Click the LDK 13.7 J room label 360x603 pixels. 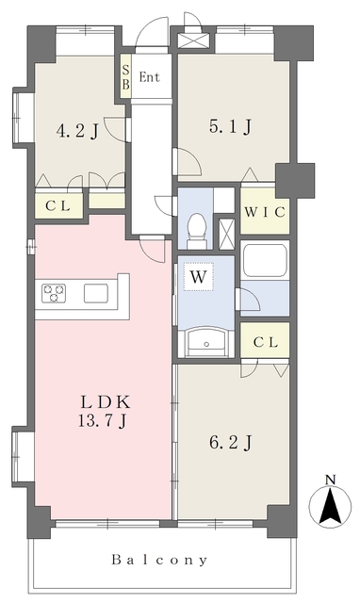[x=104, y=412]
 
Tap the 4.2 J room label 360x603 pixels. [x=77, y=132]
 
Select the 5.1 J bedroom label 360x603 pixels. [x=230, y=126]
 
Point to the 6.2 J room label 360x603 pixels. [x=230, y=443]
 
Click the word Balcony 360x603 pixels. [x=159, y=560]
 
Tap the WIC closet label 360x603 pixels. [x=265, y=212]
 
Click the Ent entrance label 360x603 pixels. [x=149, y=77]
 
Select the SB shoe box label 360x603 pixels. [x=125, y=77]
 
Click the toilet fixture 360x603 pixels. [x=197, y=231]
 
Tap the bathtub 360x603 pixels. [x=265, y=260]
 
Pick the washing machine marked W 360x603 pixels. [x=198, y=276]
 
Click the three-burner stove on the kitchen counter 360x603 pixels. [x=54, y=293]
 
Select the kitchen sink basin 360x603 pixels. [x=96, y=293]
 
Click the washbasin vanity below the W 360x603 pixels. [x=205, y=342]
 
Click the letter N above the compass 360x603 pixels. [x=331, y=480]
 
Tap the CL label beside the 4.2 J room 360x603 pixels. [x=58, y=206]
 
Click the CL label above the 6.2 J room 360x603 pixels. [x=266, y=342]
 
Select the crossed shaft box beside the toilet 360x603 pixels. [x=226, y=233]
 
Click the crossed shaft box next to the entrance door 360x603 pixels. [x=194, y=41]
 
